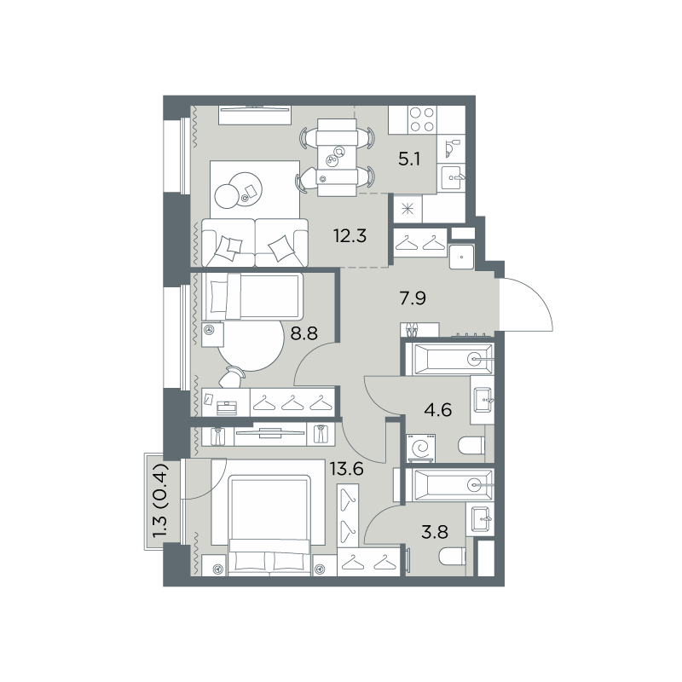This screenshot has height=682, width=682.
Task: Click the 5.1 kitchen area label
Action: point(409,159)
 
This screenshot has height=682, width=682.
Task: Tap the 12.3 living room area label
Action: point(350,236)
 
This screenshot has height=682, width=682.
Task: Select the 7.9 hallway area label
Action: point(413,298)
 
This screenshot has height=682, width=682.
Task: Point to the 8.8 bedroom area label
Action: point(304,333)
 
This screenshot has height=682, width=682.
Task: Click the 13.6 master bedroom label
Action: point(346,470)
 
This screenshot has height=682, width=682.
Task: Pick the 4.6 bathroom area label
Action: point(437,410)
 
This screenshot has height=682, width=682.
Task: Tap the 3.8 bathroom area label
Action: point(435,531)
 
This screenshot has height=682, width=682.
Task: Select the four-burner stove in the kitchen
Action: point(422,119)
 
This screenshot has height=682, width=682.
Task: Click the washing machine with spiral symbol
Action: point(420,448)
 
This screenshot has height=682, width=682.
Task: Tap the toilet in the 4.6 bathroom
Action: point(471,445)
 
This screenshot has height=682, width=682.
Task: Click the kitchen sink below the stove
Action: point(451,177)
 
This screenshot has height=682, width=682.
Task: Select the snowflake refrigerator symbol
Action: point(407,210)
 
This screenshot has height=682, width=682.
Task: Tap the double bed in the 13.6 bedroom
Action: point(269,525)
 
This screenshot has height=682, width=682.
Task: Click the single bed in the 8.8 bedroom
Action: point(252,296)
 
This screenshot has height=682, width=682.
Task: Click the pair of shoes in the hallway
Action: point(411,330)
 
